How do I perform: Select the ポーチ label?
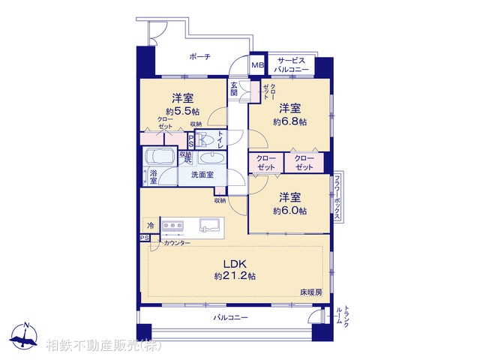point(199,57)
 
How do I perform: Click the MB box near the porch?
point(257,65)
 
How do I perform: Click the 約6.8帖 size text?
point(289,121)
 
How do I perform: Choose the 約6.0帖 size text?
point(289,211)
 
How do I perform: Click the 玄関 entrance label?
point(235,88)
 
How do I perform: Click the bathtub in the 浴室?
point(159,157)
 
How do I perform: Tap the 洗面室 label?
point(201,175)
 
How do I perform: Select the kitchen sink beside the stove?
point(208,224)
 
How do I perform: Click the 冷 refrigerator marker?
point(150,225)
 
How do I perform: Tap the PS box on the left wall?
point(144,238)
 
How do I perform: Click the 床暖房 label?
point(311,291)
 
